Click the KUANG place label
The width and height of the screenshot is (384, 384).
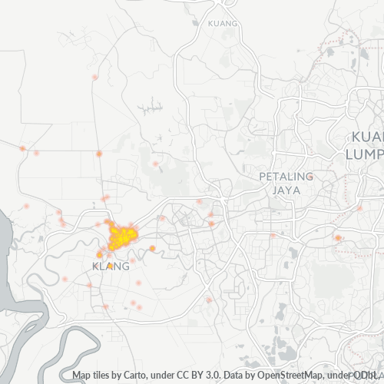pyautogui.click(x=223, y=23)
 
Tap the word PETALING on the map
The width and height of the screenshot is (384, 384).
pyautogui.click(x=286, y=176)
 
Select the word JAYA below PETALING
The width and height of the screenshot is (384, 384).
pyautogui.click(x=286, y=189)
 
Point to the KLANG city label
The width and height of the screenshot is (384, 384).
pyautogui.click(x=111, y=266)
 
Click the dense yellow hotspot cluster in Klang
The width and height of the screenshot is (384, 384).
pyautogui.click(x=121, y=236)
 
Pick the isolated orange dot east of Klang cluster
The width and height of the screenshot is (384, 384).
pyautogui.click(x=152, y=248)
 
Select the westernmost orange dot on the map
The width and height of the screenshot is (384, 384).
pyautogui.click(x=23, y=147)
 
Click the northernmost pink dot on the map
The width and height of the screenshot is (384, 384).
pyautogui.click(x=95, y=77)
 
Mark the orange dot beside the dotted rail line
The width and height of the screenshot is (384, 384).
pyautogui.click(x=338, y=238)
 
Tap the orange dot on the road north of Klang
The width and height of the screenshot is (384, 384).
pyautogui.click(x=99, y=154)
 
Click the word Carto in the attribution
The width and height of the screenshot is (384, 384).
pyautogui.click(x=145, y=376)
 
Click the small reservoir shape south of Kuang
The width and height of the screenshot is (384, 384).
pyautogui.click(x=155, y=104)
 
